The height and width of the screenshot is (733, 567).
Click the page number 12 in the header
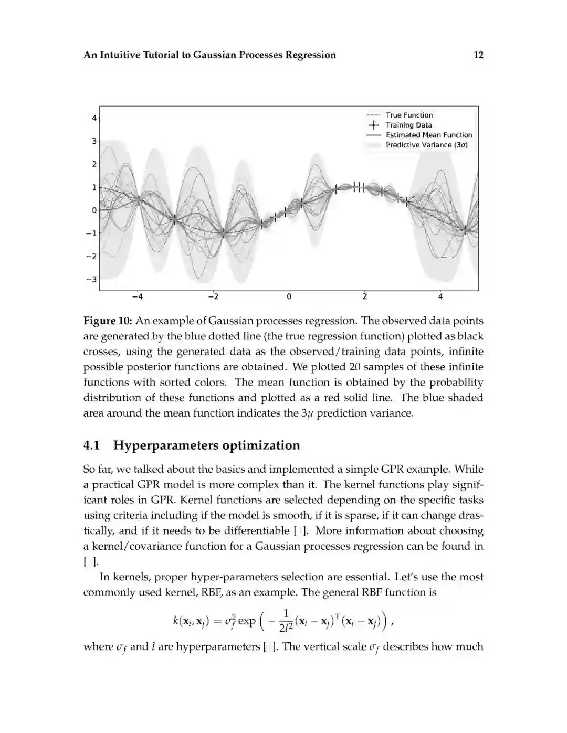click(x=478, y=55)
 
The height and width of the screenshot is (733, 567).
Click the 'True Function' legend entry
click(x=409, y=115)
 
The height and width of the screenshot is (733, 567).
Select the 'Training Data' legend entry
click(x=408, y=125)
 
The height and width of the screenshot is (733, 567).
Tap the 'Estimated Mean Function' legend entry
click(x=429, y=135)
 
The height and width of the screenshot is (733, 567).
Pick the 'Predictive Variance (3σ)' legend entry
click(x=426, y=145)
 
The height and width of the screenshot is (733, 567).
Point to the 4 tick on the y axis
click(x=94, y=118)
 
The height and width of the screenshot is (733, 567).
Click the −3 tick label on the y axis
click(x=92, y=279)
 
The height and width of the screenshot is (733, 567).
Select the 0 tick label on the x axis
click(x=289, y=297)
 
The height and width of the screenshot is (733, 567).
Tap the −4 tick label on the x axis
click(x=137, y=297)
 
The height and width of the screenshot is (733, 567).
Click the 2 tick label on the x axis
click(x=365, y=297)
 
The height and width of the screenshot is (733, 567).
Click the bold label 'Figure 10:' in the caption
click(x=107, y=321)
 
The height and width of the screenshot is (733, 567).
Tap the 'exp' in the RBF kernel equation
click(x=247, y=621)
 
